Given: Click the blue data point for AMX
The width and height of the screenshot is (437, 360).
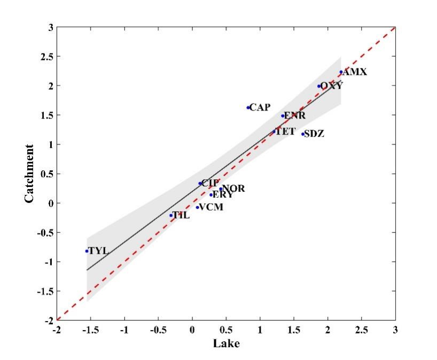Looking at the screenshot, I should [x=341, y=72].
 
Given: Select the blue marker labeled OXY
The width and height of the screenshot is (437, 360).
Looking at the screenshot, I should [x=319, y=86].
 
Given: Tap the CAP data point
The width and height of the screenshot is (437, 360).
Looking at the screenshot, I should [x=248, y=107].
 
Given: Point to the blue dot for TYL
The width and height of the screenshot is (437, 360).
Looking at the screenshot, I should [x=87, y=251].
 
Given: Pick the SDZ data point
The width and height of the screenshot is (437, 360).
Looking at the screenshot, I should [x=303, y=134].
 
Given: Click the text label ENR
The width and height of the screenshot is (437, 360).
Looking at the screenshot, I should [x=295, y=115].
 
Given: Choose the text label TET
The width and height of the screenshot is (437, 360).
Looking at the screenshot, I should [x=285, y=131].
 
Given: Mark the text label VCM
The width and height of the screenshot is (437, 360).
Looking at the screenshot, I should [x=210, y=207].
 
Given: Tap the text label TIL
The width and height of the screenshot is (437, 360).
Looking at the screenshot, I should [x=181, y=216].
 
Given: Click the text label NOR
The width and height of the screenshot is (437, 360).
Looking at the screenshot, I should [x=233, y=189].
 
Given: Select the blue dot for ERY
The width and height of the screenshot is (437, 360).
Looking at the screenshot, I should [x=211, y=195].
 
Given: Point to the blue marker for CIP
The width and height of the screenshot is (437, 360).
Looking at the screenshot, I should [x=200, y=183].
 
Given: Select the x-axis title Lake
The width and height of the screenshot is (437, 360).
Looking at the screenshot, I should [x=226, y=343].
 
